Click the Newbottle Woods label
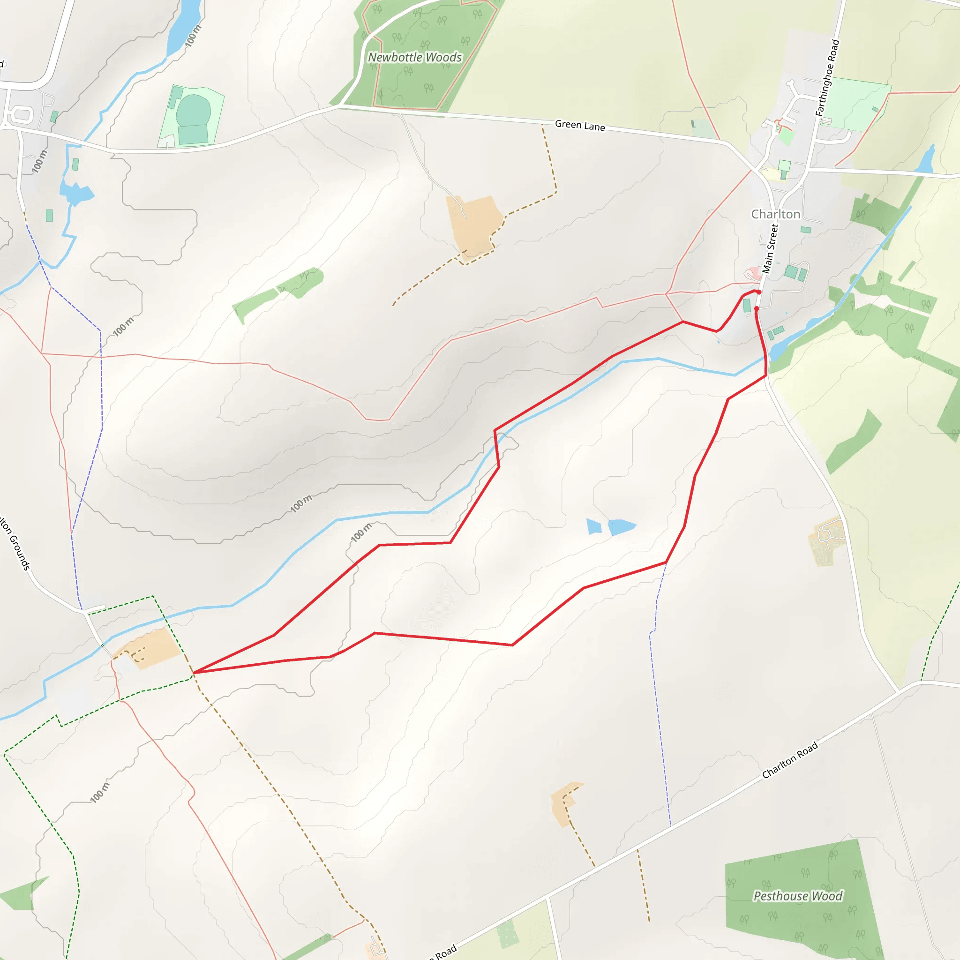click(x=415, y=58)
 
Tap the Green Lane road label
click(x=580, y=125)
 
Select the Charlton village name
click(x=775, y=214)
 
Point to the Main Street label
click(x=770, y=248)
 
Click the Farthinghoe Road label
click(x=827, y=78)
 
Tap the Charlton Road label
click(x=789, y=760)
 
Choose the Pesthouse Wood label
click(x=797, y=896)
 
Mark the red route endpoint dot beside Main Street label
click(x=759, y=292)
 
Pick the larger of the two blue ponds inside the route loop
click(x=621, y=527)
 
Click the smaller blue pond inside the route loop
click(x=594, y=526)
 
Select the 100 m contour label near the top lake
click(x=193, y=36)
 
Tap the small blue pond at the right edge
click(x=926, y=160)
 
